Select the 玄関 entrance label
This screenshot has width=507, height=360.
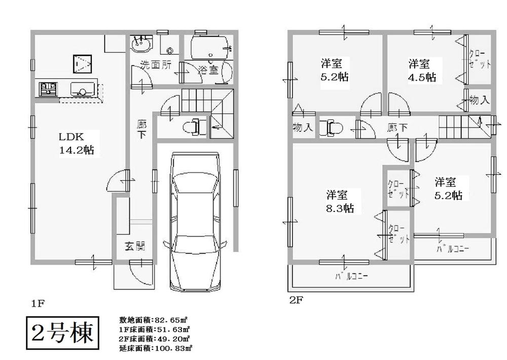tap(135, 247)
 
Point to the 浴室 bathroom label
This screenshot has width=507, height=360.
tap(208, 69)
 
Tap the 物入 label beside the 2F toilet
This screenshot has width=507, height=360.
tap(303, 127)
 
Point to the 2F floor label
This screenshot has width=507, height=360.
tap(296, 299)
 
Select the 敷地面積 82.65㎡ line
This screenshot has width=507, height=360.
tap(154, 320)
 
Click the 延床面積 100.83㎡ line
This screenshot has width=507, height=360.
tap(155, 348)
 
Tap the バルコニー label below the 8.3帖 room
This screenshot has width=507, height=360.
tap(351, 277)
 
